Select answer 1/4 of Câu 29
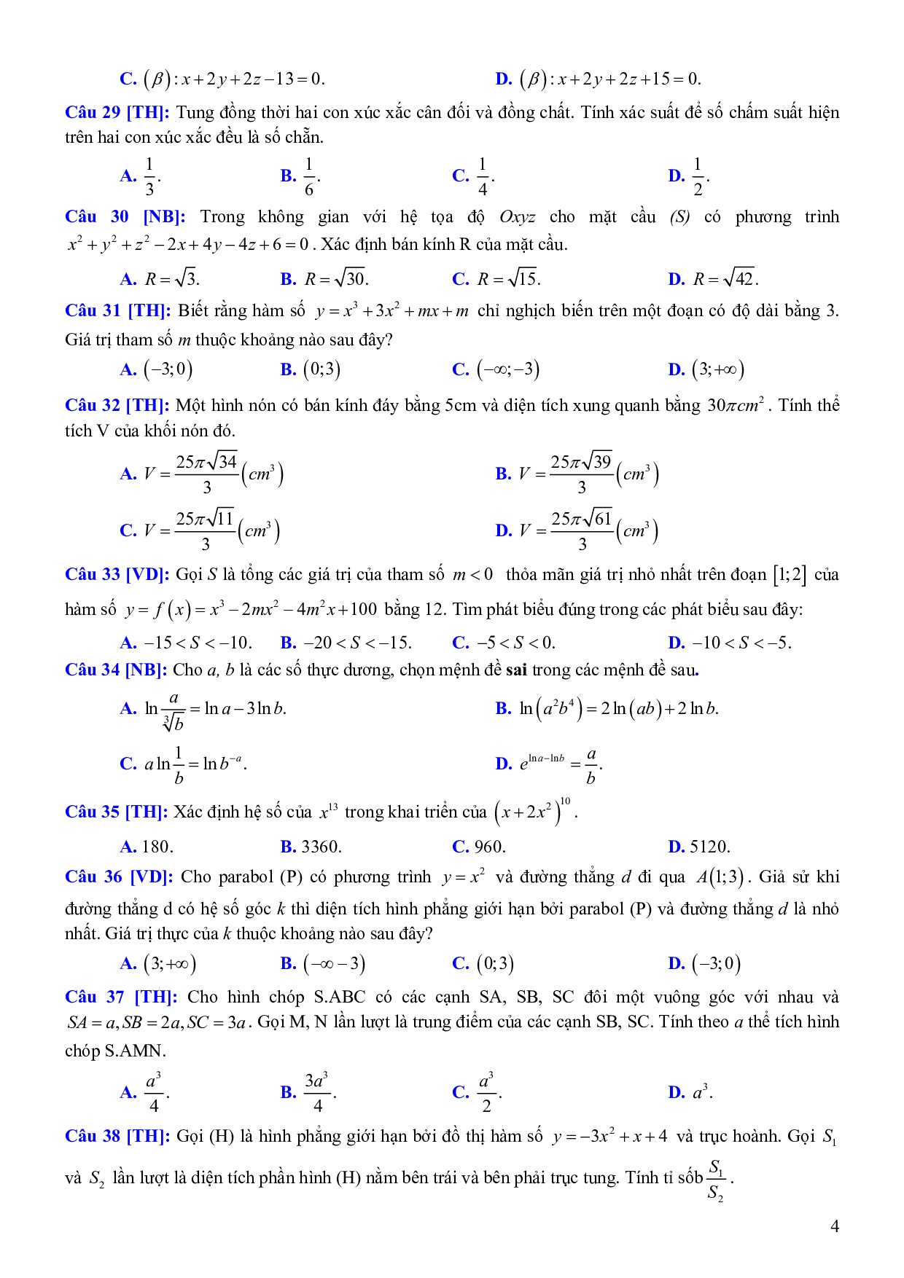tap(482, 176)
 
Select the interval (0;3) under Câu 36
tap(495, 964)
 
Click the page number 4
tap(835, 1226)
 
